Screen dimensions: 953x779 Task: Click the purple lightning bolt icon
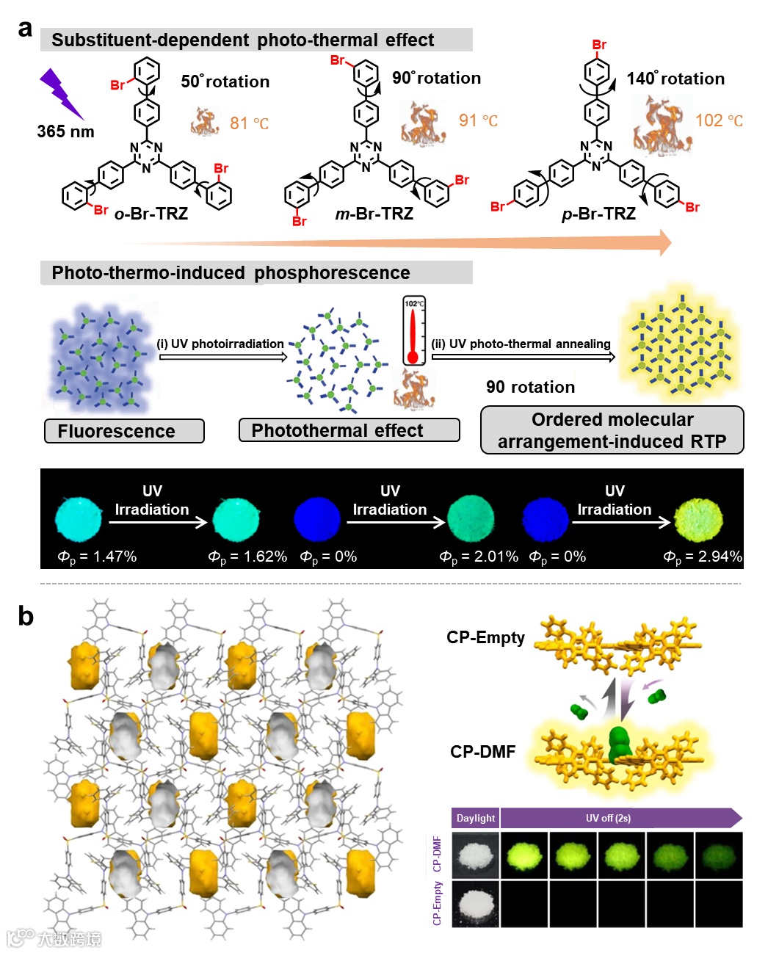click(x=61, y=93)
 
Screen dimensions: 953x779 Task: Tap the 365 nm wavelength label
click(x=65, y=131)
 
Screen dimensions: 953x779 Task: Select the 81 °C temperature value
click(x=249, y=123)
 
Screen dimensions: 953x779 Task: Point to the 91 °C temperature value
click(x=478, y=120)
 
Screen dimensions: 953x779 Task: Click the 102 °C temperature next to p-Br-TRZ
click(x=719, y=120)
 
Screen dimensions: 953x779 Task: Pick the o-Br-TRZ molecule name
click(x=151, y=214)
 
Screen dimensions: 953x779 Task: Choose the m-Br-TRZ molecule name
click(x=374, y=214)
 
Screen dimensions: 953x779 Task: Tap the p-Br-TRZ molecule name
click(x=598, y=214)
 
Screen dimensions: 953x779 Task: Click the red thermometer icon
click(x=413, y=330)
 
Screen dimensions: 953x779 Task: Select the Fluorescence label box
click(x=124, y=431)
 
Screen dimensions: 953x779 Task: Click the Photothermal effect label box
click(x=349, y=430)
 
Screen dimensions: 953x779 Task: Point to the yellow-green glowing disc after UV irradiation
click(x=698, y=519)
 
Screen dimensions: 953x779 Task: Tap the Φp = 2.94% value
click(x=703, y=557)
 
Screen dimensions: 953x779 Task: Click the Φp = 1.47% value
click(x=98, y=557)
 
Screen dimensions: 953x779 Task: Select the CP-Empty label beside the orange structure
click(x=485, y=637)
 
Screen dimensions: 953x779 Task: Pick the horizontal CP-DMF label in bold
click(x=482, y=752)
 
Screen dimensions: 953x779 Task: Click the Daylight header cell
click(x=476, y=818)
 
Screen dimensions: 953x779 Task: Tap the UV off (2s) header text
click(x=608, y=818)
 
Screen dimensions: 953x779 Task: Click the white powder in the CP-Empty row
click(x=476, y=904)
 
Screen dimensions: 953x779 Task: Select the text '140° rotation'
click(x=675, y=79)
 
